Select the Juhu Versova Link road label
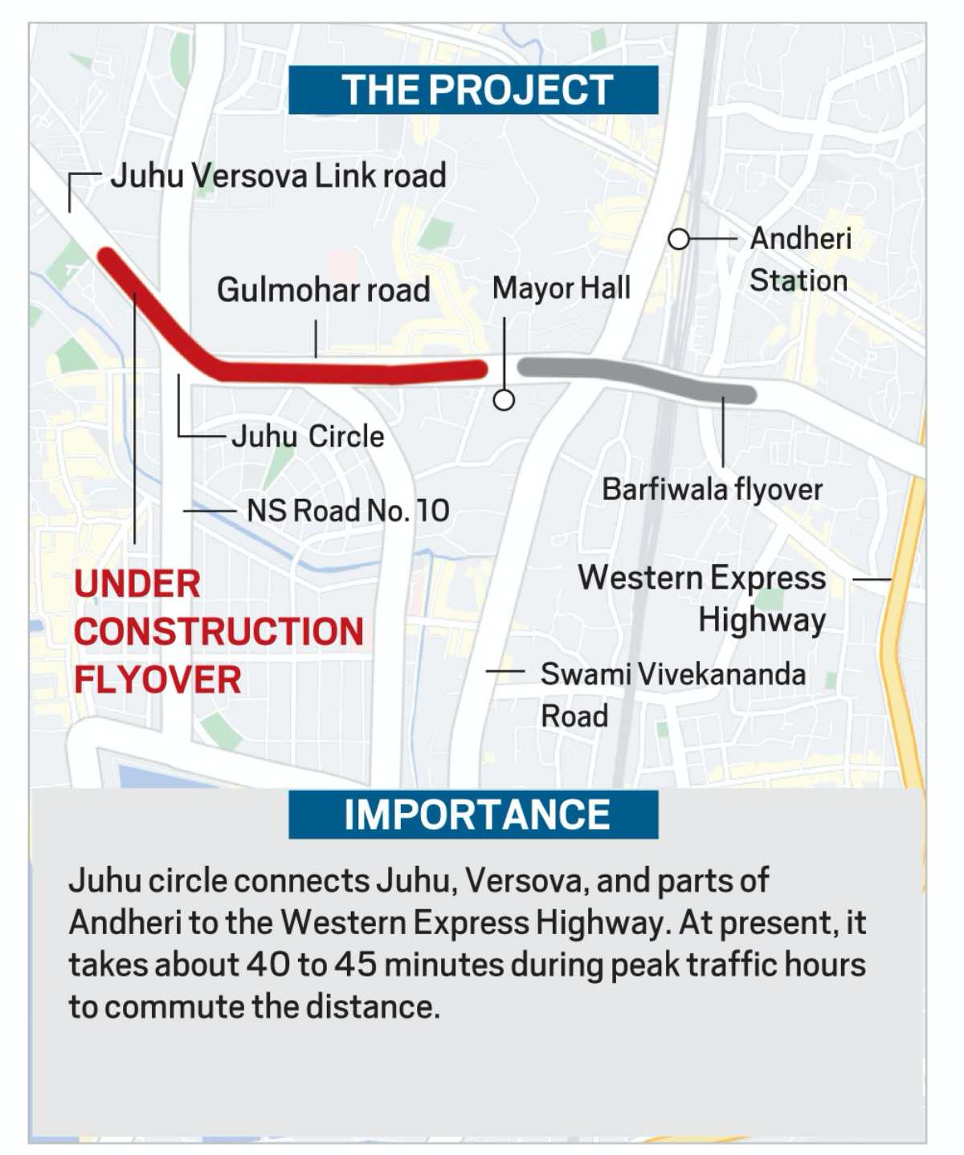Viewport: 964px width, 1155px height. pyautogui.click(x=278, y=176)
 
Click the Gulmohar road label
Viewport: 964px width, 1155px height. pyautogui.click(x=323, y=290)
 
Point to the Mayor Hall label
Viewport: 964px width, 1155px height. pyautogui.click(x=561, y=288)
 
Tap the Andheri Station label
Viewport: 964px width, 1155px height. pyautogui.click(x=799, y=259)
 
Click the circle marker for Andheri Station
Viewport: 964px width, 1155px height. pyautogui.click(x=679, y=239)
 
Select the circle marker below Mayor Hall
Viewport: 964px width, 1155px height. pyautogui.click(x=504, y=399)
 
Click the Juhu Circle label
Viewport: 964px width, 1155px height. pyautogui.click(x=308, y=437)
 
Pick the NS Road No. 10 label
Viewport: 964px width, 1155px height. pyautogui.click(x=348, y=511)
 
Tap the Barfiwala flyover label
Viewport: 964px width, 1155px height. pyautogui.click(x=712, y=489)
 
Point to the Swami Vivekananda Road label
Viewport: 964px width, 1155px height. pyautogui.click(x=672, y=694)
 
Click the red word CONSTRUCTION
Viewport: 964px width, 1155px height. pyautogui.click(x=219, y=632)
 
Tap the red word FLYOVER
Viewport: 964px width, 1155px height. pyautogui.click(x=157, y=680)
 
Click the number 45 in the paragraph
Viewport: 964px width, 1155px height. pyautogui.click(x=356, y=965)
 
